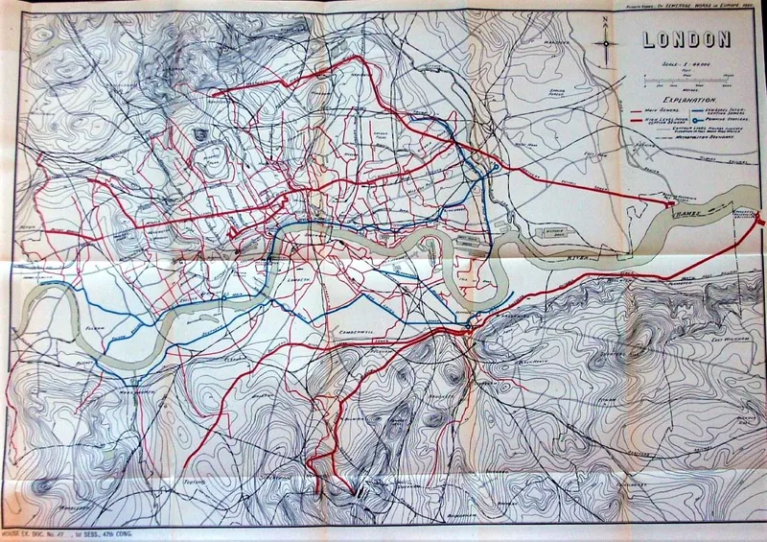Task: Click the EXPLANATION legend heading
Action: click(683, 99)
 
